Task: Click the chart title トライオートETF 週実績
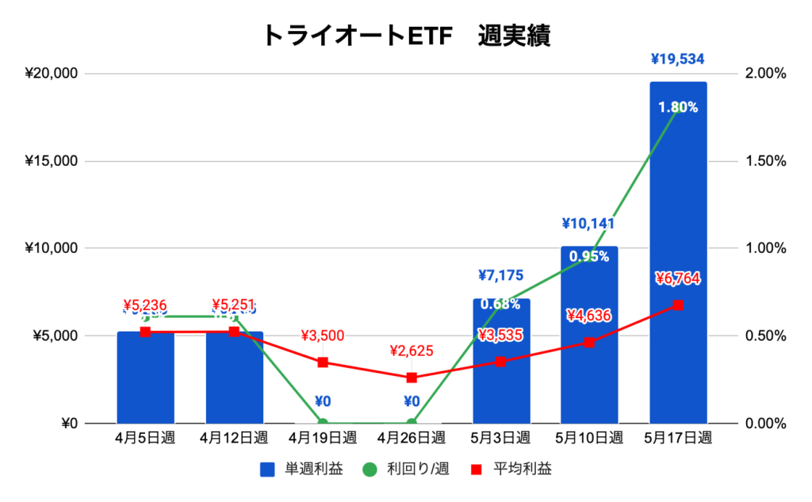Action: coord(405,36)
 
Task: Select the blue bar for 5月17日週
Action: coord(678,254)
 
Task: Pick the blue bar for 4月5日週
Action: coord(145,381)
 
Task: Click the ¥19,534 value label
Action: coord(677,59)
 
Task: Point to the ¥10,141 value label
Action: coord(588,224)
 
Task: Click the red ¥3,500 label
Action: coord(323,335)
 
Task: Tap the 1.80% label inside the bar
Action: coord(678,108)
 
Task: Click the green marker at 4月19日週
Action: coord(323,423)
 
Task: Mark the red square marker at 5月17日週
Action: coord(678,305)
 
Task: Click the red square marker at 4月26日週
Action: coord(412,377)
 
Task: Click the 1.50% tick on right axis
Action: coord(765,161)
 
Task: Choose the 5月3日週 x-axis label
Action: coord(500,438)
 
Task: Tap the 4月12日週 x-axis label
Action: coord(234,438)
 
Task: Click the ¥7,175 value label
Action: coord(500,276)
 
